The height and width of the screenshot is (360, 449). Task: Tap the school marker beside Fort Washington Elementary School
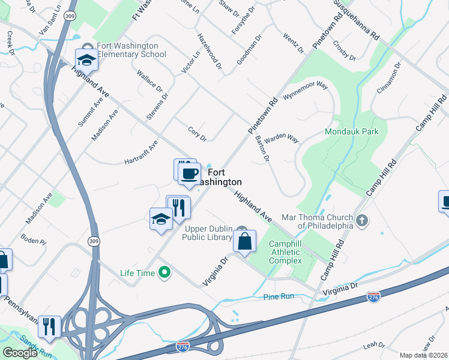(x=86, y=59)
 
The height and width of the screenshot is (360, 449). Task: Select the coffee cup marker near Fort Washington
(x=190, y=174)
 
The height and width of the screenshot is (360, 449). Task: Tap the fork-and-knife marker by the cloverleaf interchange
(x=49, y=326)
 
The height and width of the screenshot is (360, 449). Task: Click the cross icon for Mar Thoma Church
(x=361, y=220)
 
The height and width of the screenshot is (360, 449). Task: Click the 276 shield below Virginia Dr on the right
(x=373, y=297)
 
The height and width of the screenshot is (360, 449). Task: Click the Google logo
(x=20, y=352)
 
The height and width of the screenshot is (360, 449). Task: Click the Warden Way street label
(x=282, y=139)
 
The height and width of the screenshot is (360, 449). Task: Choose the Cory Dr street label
(x=197, y=134)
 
